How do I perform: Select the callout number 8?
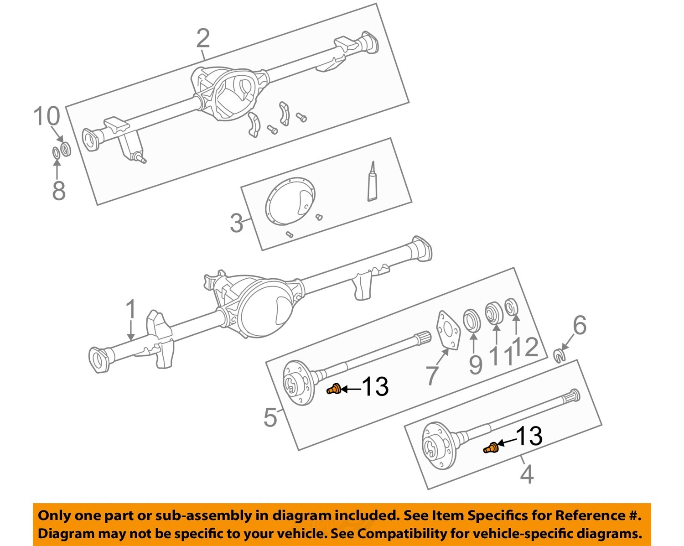click(x=58, y=190)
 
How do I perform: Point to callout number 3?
click(x=236, y=223)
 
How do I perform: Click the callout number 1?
click(x=131, y=310)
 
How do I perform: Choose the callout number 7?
click(x=432, y=375)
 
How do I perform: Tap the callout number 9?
click(x=475, y=364)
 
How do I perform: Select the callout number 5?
click(x=270, y=417)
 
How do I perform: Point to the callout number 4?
click(x=527, y=474)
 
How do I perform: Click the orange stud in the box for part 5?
click(x=334, y=390)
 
